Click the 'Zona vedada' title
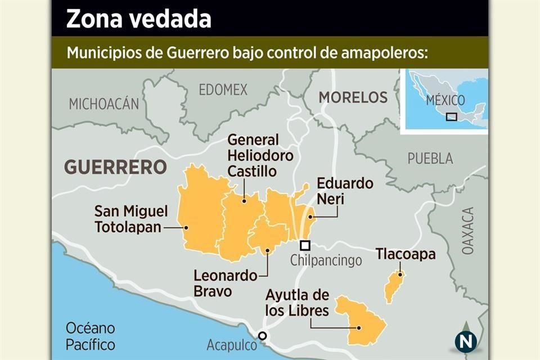point(139,19)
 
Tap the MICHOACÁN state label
point(103,103)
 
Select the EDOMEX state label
point(223,89)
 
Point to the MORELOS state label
point(353,97)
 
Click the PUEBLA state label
point(430,159)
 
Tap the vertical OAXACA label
point(468,231)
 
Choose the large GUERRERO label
point(115,167)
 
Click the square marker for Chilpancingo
point(305,245)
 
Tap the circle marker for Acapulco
point(262,336)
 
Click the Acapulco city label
point(231,345)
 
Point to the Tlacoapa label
point(406,254)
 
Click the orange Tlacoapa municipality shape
point(394,287)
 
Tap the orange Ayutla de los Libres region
point(363,321)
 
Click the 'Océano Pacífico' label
point(90,336)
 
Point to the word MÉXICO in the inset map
point(445,101)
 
